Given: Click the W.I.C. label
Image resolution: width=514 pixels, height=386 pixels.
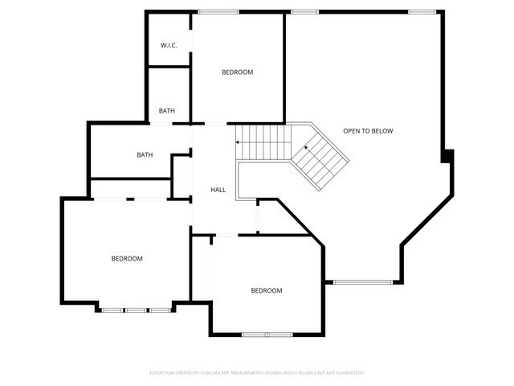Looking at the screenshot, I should (x=169, y=45).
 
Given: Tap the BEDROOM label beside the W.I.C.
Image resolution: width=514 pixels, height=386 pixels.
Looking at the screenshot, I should (x=237, y=72).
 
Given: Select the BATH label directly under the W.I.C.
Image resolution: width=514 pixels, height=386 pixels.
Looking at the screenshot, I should (x=167, y=111).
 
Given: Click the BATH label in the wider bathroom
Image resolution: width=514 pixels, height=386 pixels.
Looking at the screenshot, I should (x=145, y=155).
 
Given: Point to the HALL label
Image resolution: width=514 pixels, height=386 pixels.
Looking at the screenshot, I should (x=218, y=190).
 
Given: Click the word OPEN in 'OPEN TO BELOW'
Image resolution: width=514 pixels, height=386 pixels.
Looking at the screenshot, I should (x=353, y=131).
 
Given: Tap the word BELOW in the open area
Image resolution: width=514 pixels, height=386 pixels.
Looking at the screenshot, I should (x=383, y=131).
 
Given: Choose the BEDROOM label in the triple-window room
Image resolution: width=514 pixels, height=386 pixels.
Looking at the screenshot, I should (x=127, y=258).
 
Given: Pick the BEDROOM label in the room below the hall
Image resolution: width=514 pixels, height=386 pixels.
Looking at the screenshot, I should (x=267, y=290).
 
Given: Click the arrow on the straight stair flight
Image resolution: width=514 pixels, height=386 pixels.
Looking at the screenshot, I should (x=238, y=142).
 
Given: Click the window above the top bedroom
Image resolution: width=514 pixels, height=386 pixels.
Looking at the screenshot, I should (x=213, y=11).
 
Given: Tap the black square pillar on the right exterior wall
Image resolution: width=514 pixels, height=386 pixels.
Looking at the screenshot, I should (x=448, y=155).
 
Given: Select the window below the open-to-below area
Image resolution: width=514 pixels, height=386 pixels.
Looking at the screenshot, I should (x=363, y=281).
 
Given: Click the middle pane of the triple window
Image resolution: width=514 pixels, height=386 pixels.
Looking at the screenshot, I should (x=136, y=310).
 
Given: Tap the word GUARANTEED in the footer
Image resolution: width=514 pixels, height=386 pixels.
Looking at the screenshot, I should (x=351, y=373).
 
